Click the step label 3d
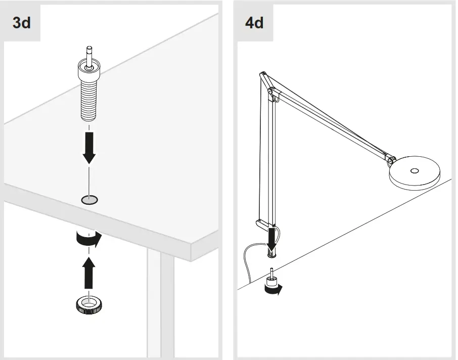pos(21,23)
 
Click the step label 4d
pos(254,23)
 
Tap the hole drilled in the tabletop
pos(89,200)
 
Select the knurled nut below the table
pos(89,304)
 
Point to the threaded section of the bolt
pos(89,101)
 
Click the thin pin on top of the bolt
pos(89,53)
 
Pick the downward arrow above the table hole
pos(89,147)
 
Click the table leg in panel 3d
pos(160,303)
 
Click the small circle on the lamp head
pos(415,171)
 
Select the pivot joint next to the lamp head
pos(390,160)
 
